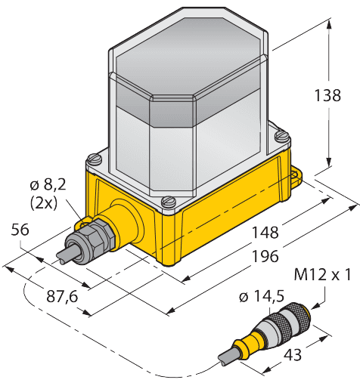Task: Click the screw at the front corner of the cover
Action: [x=168, y=203]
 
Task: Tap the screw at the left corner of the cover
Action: [x=93, y=159]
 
